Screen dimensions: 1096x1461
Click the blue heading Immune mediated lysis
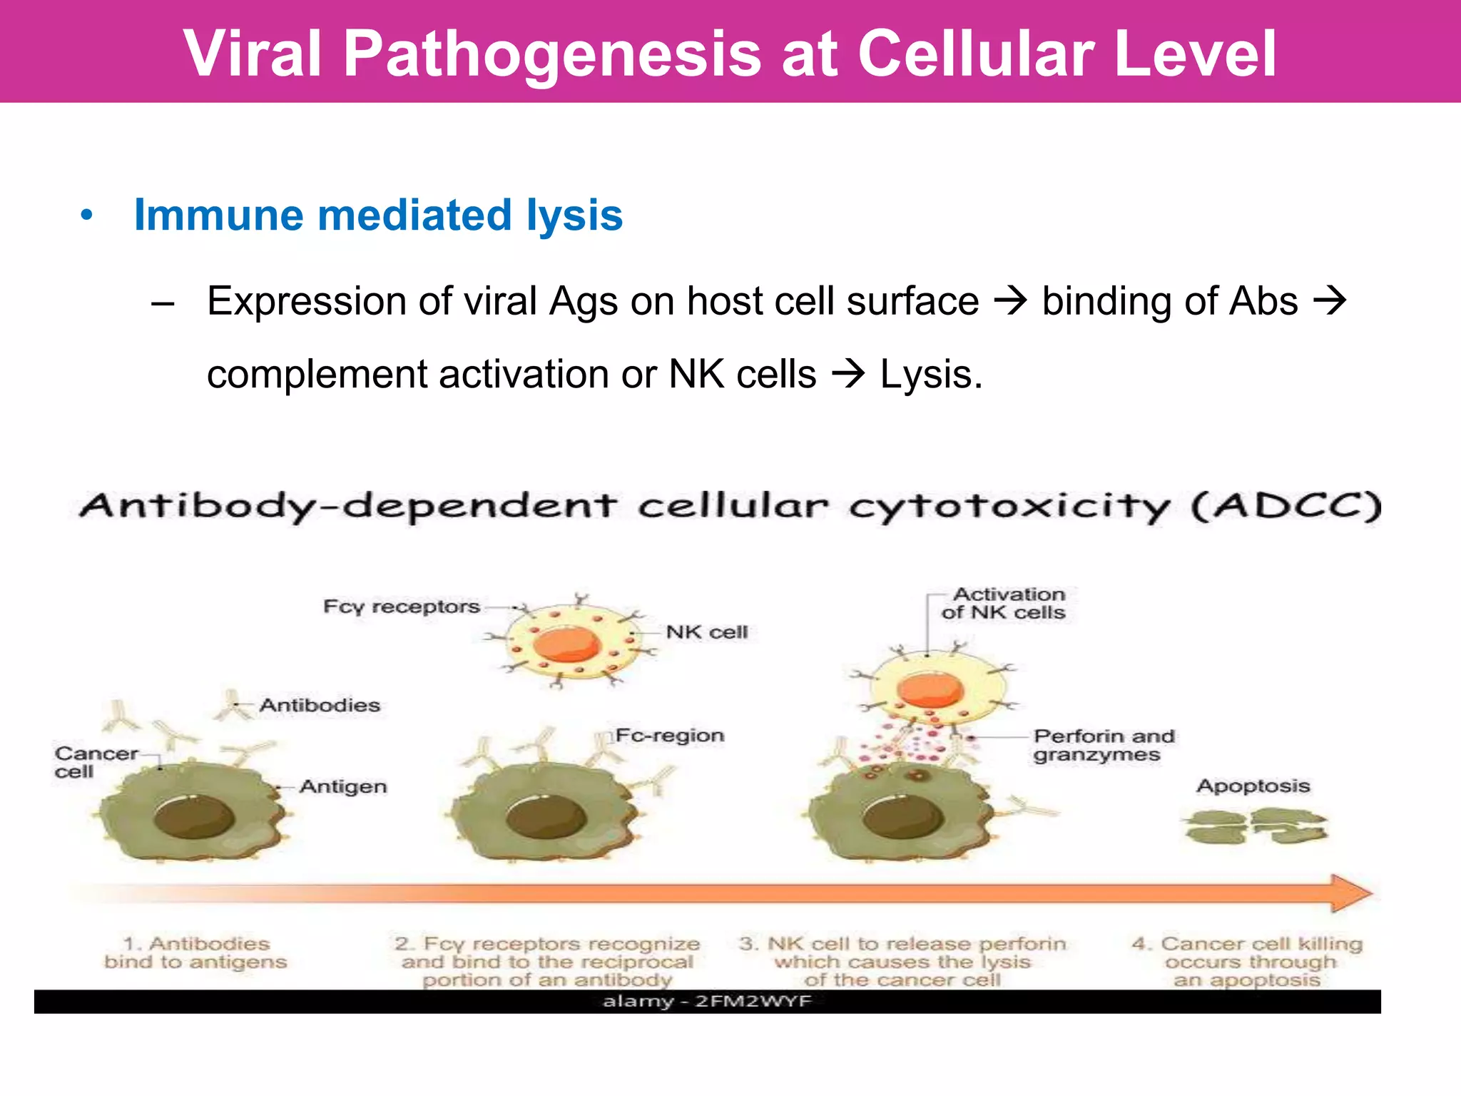coord(378,215)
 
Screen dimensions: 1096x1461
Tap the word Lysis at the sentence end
coord(930,375)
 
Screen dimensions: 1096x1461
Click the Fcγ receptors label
coord(401,607)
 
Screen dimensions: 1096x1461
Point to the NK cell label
coord(706,632)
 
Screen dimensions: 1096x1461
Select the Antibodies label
coord(319,705)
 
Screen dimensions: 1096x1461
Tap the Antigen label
coord(342,786)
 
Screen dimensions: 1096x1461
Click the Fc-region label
coord(669,735)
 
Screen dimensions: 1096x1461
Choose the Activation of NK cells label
coord(1005,603)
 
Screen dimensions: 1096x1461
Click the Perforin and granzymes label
coord(1102,745)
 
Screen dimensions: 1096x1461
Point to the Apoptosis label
coord(1253,786)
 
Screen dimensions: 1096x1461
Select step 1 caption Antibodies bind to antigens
coord(195,953)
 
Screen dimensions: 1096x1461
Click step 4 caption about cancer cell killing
coord(1247,961)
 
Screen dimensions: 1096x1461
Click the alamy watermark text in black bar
coord(706,1001)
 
